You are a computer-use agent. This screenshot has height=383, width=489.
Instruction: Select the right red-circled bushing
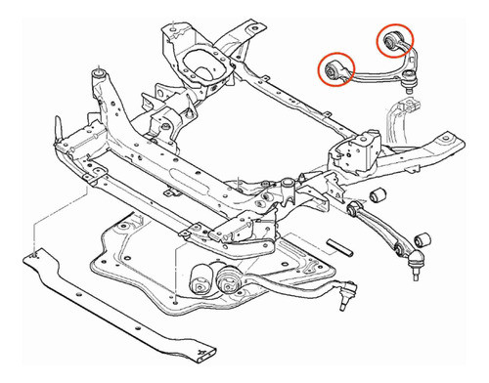394,40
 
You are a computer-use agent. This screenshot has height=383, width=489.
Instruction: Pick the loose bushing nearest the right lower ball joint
423,237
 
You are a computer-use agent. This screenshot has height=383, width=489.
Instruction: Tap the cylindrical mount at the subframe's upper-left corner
99,74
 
